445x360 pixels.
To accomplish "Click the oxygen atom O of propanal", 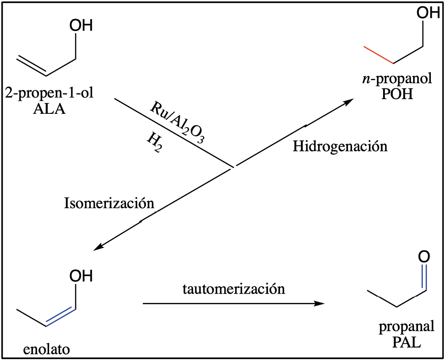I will (424, 257).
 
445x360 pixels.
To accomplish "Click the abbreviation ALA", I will (50, 108).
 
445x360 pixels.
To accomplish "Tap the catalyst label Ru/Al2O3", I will (177, 122).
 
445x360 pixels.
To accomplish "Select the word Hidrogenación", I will (340, 146).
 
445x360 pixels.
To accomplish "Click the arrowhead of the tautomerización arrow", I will (321, 304).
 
